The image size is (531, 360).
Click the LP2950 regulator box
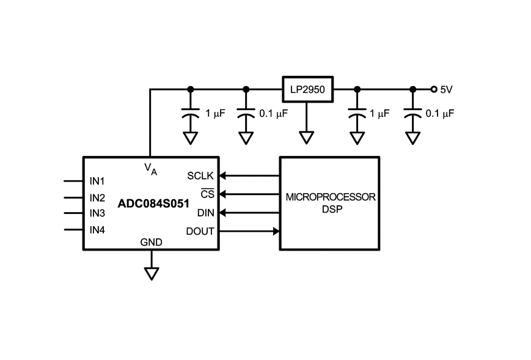(x=308, y=89)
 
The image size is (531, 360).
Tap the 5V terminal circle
(x=434, y=89)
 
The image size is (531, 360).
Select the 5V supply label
(x=446, y=89)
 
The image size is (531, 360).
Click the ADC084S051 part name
(x=153, y=204)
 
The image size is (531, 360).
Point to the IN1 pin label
(x=97, y=181)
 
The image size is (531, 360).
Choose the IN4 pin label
(x=97, y=230)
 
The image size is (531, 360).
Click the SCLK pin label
(x=200, y=176)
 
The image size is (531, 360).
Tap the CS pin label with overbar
(x=207, y=193)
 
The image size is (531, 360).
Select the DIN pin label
(x=206, y=213)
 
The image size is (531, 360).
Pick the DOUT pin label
(x=200, y=231)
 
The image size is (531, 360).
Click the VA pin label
(x=151, y=169)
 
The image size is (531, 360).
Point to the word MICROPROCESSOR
(x=331, y=197)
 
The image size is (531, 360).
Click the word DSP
(x=332, y=209)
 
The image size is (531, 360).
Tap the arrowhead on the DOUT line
(x=276, y=231)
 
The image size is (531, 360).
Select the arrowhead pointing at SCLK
(x=222, y=176)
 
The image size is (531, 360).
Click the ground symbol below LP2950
(x=307, y=138)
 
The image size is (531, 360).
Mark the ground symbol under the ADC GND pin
(x=152, y=274)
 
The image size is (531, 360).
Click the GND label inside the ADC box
(x=152, y=242)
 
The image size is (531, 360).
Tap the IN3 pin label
(x=97, y=213)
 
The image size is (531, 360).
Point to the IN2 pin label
(x=97, y=197)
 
